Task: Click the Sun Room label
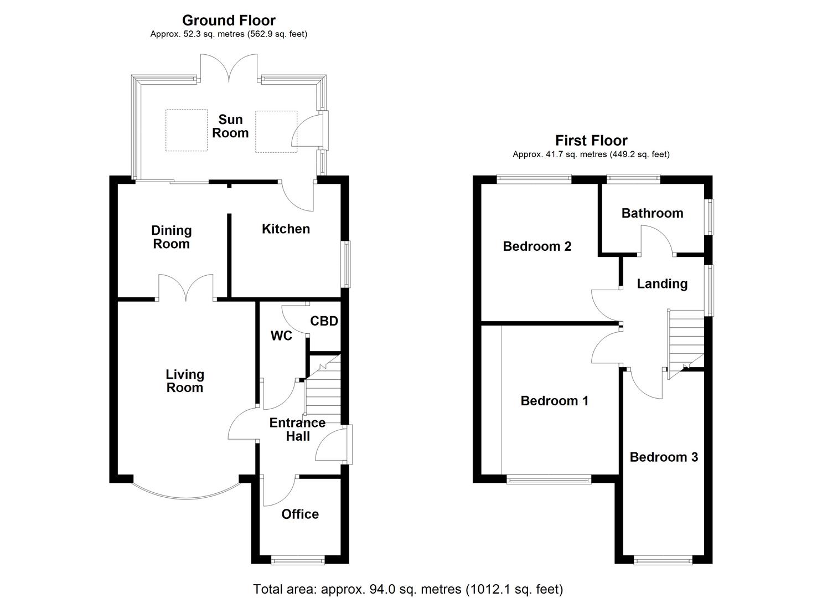230,126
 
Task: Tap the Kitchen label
286,229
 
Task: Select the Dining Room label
171,237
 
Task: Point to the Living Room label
184,381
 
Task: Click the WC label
281,336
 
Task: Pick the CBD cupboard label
324,321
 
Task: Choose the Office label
300,514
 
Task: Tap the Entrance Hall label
297,429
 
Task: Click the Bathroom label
652,213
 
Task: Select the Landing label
662,283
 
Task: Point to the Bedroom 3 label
664,457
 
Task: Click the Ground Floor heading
229,20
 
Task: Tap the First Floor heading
591,141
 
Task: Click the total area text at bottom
408,589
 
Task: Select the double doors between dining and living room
186,288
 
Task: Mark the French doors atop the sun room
229,68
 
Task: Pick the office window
298,560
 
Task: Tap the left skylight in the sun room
187,130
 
